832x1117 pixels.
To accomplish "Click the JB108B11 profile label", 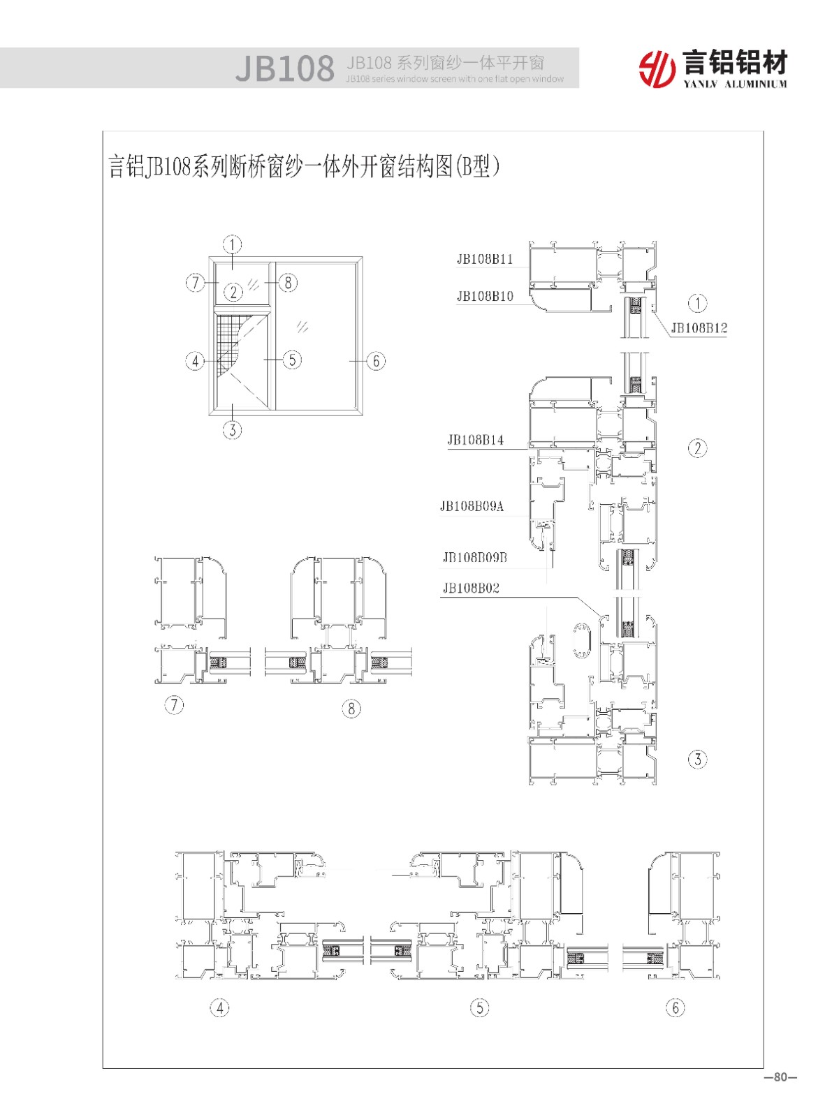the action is pyautogui.click(x=484, y=260).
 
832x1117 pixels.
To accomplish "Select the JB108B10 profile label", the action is pyautogui.click(x=485, y=296).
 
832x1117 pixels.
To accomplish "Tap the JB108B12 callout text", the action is pyautogui.click(x=699, y=328).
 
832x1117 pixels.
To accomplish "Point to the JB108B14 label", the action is pyautogui.click(x=475, y=440).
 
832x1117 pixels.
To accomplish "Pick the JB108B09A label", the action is pyautogui.click(x=472, y=506).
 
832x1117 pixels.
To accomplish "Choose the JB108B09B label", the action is pyautogui.click(x=475, y=558).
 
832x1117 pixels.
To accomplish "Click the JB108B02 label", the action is pyautogui.click(x=471, y=588).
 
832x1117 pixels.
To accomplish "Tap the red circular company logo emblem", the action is pyautogui.click(x=657, y=68).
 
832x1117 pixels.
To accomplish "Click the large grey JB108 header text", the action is pyautogui.click(x=285, y=68).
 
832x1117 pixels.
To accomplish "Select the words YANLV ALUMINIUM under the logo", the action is pyautogui.click(x=735, y=84).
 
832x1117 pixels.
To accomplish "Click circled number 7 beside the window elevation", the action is pyautogui.click(x=195, y=283).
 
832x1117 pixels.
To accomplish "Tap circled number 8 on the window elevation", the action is pyautogui.click(x=289, y=283).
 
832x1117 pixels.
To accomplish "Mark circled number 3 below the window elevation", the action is pyautogui.click(x=233, y=430).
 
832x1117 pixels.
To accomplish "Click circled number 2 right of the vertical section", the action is pyautogui.click(x=697, y=447).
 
